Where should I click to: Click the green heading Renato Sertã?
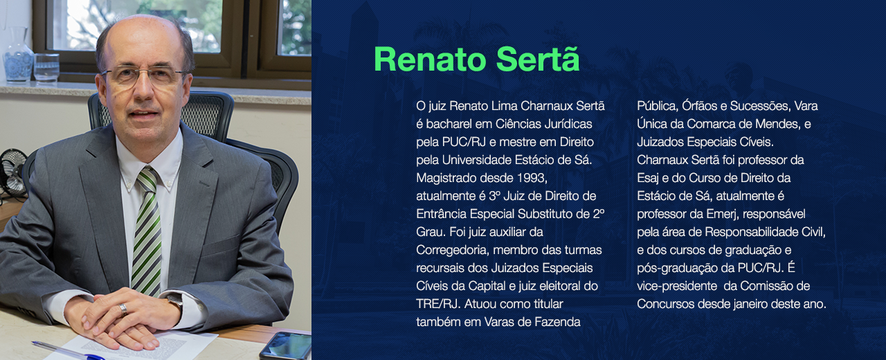[476, 60]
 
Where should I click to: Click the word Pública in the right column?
[656, 106]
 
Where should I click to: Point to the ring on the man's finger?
[123, 309]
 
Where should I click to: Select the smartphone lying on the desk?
[285, 345]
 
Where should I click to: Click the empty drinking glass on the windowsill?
[46, 67]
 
